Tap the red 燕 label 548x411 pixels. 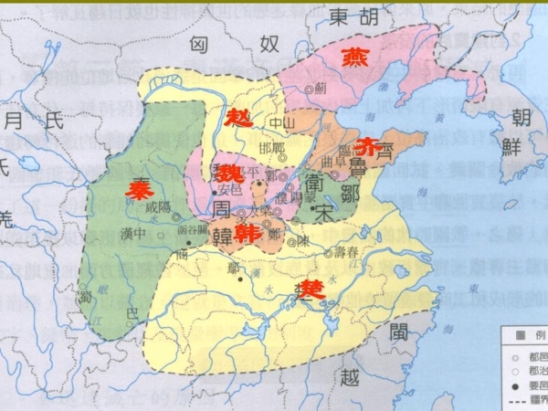click(x=354, y=58)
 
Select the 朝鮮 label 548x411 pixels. click(x=520, y=132)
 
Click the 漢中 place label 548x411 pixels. click(x=134, y=235)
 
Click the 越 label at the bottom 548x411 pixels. click(x=349, y=378)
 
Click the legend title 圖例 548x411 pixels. click(x=525, y=334)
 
